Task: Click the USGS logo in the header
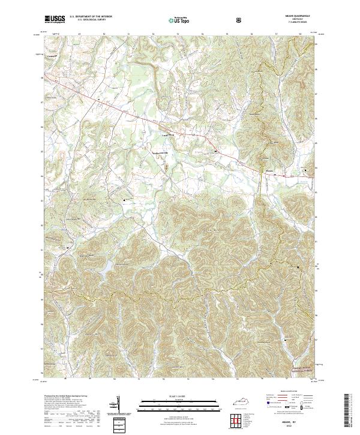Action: pyautogui.click(x=55, y=20)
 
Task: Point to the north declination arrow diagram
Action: pyautogui.click(x=118, y=409)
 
